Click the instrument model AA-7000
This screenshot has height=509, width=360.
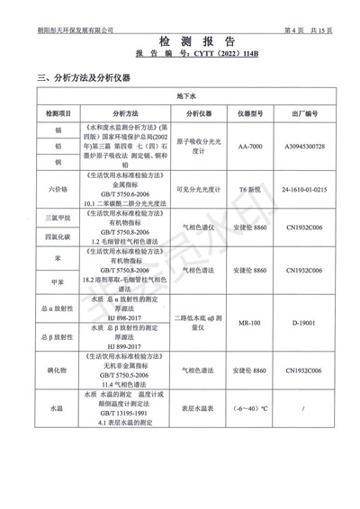click(250, 146)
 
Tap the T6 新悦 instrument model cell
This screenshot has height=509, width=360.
click(250, 191)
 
